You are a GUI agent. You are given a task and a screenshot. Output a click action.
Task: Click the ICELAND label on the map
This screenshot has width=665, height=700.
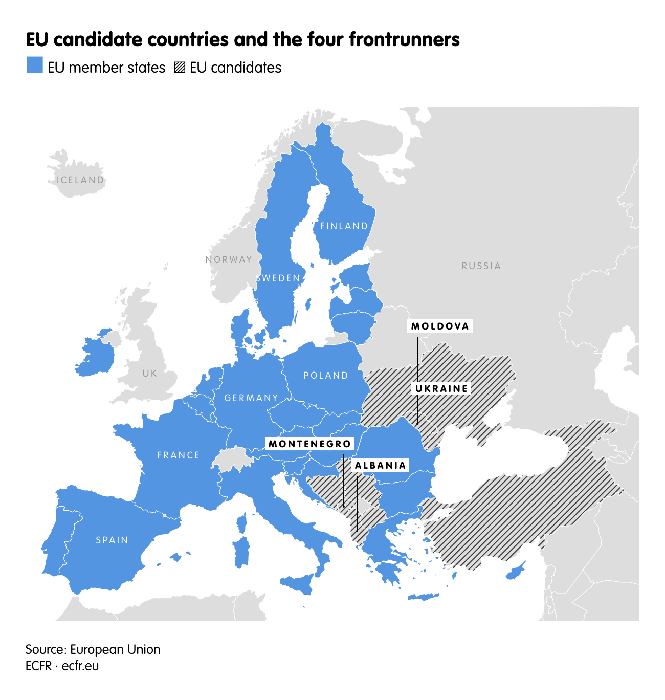(x=80, y=180)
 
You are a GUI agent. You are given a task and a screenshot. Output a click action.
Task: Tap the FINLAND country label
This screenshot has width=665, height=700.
(x=344, y=226)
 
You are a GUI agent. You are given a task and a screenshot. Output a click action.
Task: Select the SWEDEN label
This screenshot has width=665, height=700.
(x=278, y=278)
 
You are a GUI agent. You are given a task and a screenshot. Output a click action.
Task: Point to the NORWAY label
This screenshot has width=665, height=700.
(x=229, y=260)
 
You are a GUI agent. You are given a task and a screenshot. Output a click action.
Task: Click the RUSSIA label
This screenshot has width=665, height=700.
(x=481, y=266)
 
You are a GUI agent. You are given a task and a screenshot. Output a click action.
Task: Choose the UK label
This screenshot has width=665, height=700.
(x=150, y=374)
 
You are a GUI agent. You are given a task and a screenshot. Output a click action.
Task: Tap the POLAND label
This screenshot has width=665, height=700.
(x=326, y=376)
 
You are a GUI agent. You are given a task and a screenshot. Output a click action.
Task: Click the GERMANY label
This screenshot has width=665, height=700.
(x=251, y=398)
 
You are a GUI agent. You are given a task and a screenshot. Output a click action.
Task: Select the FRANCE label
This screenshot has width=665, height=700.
(x=179, y=455)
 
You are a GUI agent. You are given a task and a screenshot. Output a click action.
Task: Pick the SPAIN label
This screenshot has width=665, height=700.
(x=112, y=540)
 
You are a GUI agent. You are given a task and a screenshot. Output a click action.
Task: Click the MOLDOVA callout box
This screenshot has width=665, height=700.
(x=440, y=326)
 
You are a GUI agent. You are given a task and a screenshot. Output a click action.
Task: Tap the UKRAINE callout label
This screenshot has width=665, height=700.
(x=441, y=389)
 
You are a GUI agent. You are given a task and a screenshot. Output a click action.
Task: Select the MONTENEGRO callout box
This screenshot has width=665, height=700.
(x=309, y=444)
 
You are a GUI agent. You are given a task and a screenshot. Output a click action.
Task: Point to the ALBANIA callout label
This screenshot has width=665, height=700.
(x=381, y=466)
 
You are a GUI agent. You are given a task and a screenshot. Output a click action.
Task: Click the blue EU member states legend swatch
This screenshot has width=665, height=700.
(x=35, y=65)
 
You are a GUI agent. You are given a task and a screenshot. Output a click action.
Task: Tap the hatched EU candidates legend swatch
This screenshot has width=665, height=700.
(x=180, y=68)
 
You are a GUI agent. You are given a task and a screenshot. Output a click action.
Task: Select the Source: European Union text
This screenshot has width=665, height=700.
(x=93, y=649)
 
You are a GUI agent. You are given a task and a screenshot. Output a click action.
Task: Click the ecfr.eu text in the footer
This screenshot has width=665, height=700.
(x=80, y=666)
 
